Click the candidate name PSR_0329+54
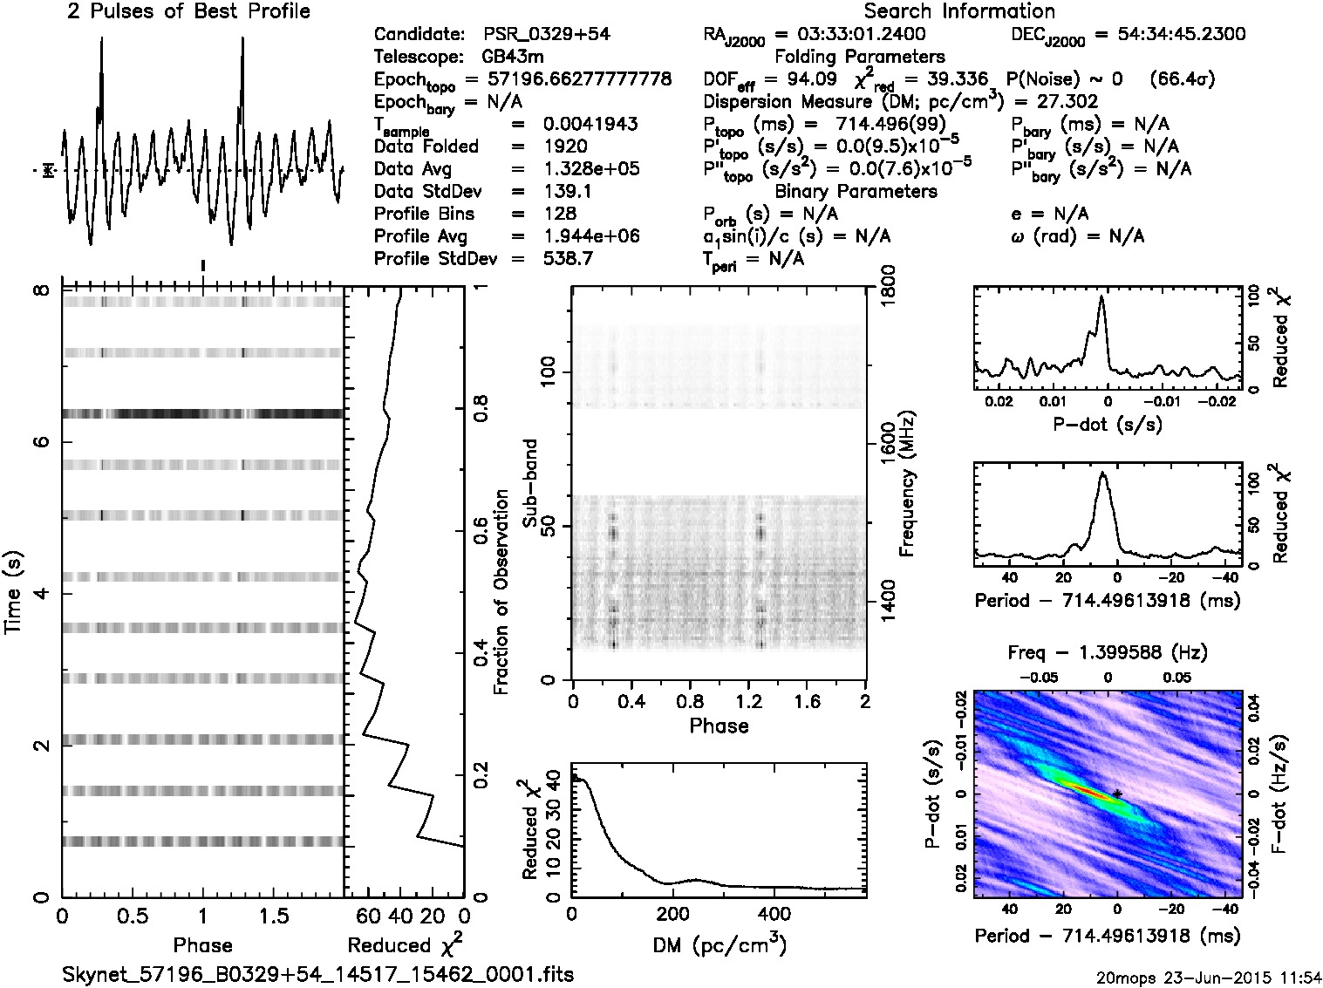coord(547,35)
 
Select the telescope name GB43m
coord(514,58)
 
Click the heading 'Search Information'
coord(959,11)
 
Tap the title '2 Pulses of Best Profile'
coord(188,11)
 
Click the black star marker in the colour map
coord(1117,794)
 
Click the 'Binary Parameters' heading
coord(856,191)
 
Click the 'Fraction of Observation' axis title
coord(501,592)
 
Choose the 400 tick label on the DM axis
coord(775,915)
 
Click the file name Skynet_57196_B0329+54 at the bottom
coord(318,974)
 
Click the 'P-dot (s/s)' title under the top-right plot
coord(1107,425)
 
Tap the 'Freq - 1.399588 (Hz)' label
coord(1108,652)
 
